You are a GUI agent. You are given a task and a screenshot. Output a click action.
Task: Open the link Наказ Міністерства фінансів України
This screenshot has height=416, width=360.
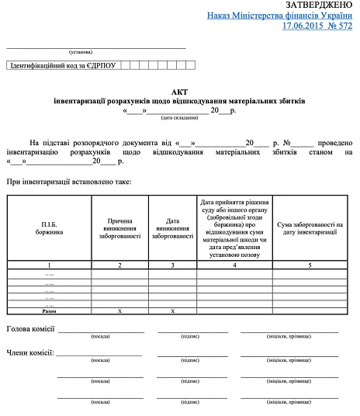(281, 16)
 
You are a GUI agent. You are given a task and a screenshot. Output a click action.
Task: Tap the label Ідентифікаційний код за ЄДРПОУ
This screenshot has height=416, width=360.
(62, 65)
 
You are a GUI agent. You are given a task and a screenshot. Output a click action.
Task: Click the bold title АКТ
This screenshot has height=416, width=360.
(179, 91)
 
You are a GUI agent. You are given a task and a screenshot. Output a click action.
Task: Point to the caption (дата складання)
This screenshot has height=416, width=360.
(179, 119)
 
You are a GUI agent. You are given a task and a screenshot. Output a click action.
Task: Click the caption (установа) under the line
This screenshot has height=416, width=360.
(81, 52)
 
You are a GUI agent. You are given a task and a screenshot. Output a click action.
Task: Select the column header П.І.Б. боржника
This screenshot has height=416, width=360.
(49, 228)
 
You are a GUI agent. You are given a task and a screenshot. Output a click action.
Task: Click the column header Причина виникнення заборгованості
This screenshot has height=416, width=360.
(118, 228)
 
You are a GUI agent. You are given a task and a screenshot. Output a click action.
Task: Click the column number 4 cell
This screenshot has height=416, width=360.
(234, 265)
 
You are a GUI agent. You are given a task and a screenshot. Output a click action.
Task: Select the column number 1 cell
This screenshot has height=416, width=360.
(49, 265)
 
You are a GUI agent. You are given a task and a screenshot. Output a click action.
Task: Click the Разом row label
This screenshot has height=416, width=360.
(49, 310)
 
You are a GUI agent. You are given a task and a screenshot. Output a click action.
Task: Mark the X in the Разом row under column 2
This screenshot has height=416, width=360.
(118, 310)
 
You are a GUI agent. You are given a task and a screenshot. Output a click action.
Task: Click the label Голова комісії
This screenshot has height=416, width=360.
(30, 329)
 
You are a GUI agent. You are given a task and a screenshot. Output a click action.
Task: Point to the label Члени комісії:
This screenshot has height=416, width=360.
(30, 353)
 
